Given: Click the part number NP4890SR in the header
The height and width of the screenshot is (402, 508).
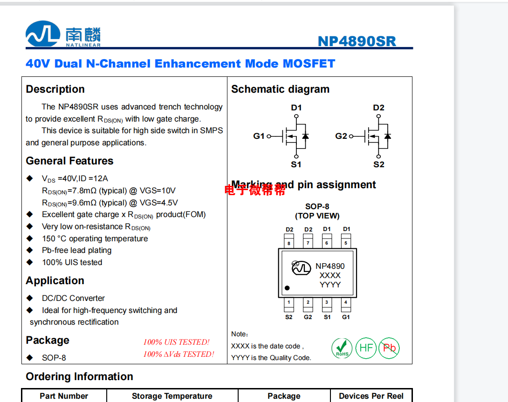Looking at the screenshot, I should [x=357, y=41].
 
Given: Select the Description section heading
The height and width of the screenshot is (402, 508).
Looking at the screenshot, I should [x=55, y=89].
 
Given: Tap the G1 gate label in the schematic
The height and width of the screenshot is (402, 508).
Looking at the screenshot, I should [x=259, y=136].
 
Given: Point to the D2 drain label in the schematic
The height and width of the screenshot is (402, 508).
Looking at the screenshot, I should [x=378, y=108].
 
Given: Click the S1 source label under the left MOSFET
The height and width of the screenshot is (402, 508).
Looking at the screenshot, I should [x=296, y=164].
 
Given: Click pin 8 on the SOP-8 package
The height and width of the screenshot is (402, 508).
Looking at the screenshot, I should [x=289, y=243].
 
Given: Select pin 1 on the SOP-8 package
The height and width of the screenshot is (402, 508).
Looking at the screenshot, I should [x=289, y=303].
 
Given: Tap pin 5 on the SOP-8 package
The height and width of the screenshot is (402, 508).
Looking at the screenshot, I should [x=346, y=243].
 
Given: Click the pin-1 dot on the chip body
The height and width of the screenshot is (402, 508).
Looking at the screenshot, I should [x=287, y=288].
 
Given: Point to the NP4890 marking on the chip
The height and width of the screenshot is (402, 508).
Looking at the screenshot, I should [x=330, y=266].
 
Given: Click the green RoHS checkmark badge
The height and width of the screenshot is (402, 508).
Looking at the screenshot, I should [x=342, y=348].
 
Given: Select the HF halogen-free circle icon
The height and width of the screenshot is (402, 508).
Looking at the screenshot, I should [x=366, y=348].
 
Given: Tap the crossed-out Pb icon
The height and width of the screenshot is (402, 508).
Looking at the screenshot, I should [x=389, y=348].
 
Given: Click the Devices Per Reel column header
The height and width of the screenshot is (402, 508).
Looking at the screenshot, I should [x=371, y=396].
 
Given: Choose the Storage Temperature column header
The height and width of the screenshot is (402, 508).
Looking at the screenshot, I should [x=172, y=396].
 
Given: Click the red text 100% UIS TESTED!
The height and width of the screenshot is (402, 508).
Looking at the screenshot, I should [x=176, y=342].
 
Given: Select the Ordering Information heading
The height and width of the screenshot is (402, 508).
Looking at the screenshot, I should [x=79, y=376].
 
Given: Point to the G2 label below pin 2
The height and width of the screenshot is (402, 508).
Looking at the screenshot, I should [x=308, y=317].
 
